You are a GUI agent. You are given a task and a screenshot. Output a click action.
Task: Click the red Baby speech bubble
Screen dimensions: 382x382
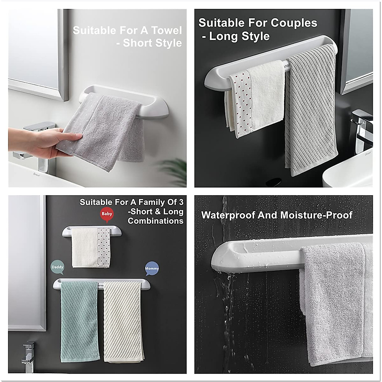pos(107,214)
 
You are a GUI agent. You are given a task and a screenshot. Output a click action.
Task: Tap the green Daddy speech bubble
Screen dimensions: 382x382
pos(57,267)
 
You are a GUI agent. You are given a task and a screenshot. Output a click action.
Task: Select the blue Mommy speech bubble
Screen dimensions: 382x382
pos(152,268)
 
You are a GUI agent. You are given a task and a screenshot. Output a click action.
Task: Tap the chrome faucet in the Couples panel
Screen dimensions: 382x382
pos(361,127)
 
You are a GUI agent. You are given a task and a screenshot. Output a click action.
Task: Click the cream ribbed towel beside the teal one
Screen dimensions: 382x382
pos(122,322)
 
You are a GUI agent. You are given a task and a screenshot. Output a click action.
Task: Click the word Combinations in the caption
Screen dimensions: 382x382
pos(155,221)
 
